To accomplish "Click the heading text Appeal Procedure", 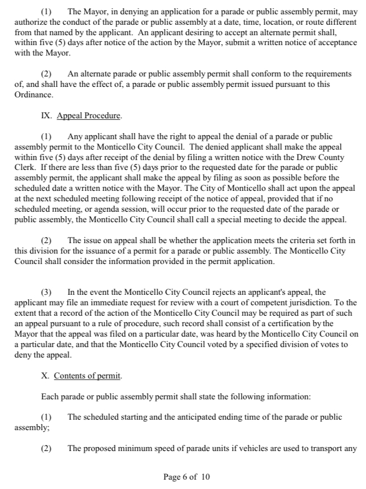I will (x=89, y=116).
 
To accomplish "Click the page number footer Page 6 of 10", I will (x=187, y=477).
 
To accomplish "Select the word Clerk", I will (x=24, y=167).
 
